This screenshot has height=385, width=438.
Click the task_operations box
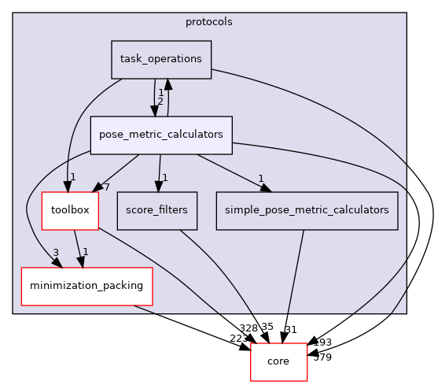tap(161, 59)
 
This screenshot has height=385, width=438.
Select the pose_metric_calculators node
tap(160, 135)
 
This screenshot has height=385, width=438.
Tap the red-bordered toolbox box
tap(70, 210)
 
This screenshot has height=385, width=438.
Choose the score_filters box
tap(157, 210)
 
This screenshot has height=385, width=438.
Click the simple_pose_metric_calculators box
tap(306, 210)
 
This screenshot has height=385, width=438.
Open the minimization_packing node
tap(86, 285)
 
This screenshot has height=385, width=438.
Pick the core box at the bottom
tap(278, 361)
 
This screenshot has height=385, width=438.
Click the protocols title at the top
tap(209, 21)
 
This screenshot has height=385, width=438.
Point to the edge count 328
tap(248, 326)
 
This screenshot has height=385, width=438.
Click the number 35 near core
tap(267, 326)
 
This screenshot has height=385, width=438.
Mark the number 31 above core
tap(289, 329)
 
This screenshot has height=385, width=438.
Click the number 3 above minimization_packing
tap(54, 252)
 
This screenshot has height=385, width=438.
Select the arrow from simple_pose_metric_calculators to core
tap(292, 283)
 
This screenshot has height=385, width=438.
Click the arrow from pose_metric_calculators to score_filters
tap(160, 169)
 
